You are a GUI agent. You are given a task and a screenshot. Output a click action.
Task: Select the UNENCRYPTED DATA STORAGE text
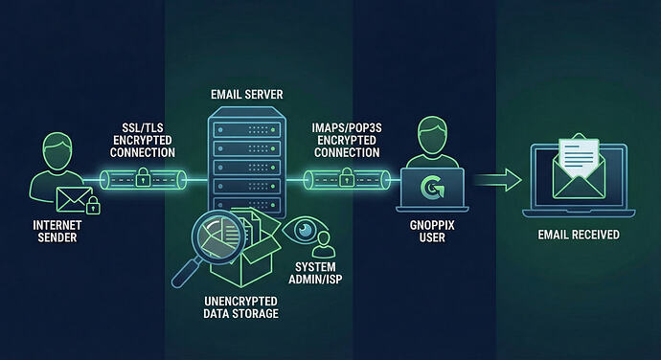[x=241, y=307]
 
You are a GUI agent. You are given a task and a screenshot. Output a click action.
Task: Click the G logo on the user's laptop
[x=432, y=189]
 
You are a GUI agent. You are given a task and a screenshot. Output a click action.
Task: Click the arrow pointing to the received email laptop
[x=497, y=179]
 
